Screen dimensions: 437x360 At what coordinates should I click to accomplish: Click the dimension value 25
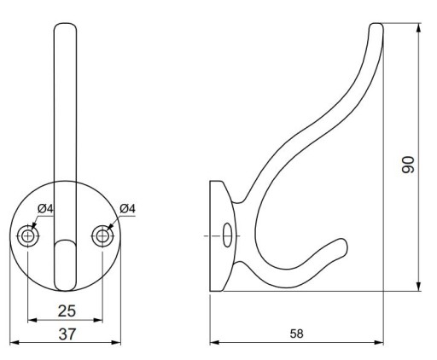(67, 311)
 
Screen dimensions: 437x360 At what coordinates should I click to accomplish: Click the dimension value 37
(67, 334)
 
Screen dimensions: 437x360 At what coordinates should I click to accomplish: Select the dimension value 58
(297, 334)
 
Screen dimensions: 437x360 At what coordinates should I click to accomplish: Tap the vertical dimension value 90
(408, 165)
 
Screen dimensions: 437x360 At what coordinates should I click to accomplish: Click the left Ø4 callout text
(45, 209)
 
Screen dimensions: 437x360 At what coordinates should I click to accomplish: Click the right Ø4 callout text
(127, 209)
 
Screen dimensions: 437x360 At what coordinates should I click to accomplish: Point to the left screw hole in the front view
(28, 236)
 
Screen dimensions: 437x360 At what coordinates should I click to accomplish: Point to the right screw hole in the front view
(102, 236)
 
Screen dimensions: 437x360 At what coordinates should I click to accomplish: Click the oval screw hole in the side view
(227, 235)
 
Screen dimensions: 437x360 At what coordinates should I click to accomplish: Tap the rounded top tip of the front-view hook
(65, 25)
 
